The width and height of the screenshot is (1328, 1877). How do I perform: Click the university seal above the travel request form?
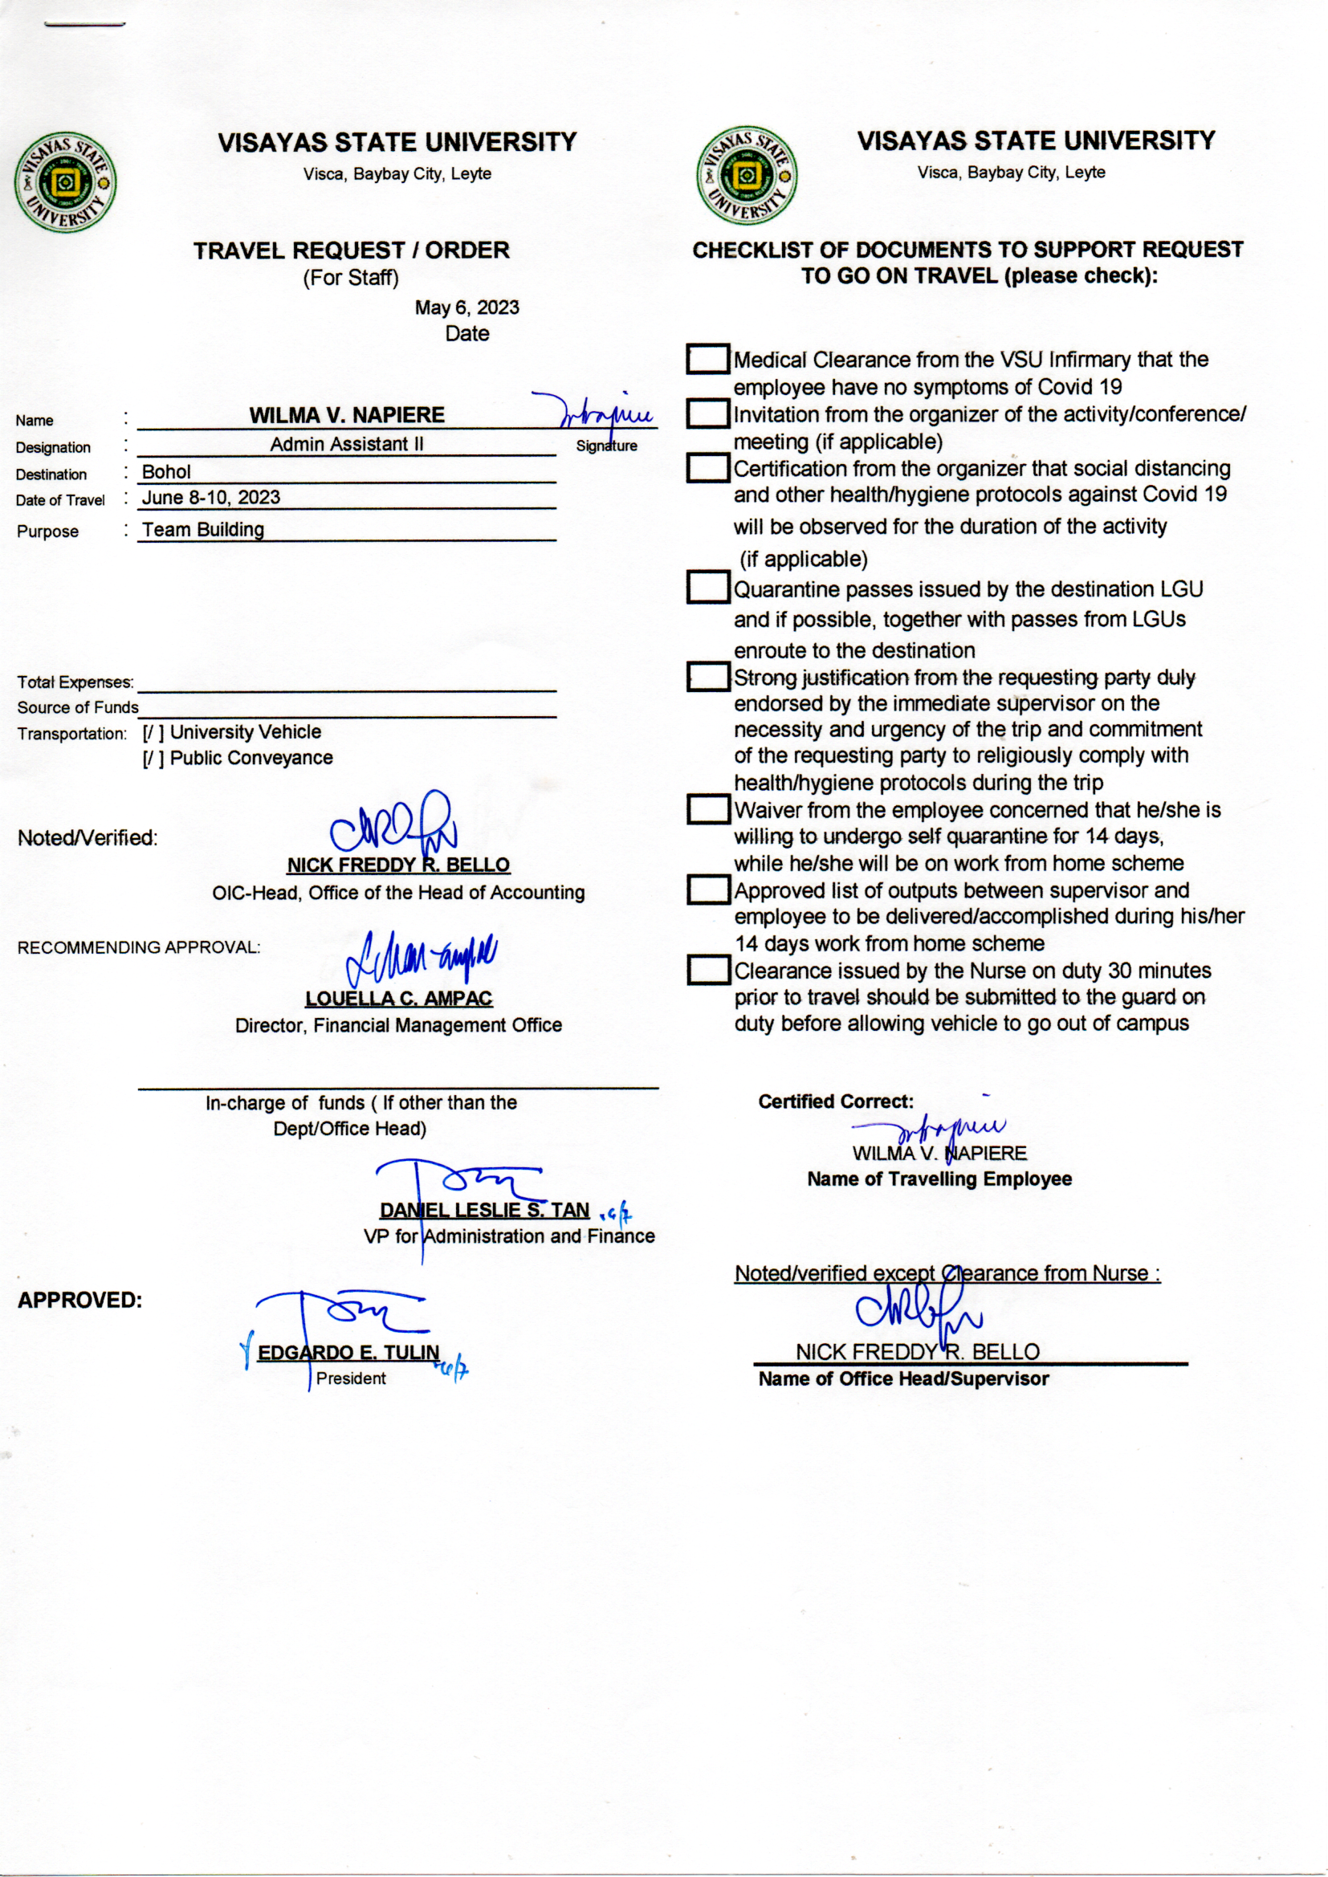coord(65,181)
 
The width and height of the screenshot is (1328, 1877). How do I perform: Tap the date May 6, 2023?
coord(466,307)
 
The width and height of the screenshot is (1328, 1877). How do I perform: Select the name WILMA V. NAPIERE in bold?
coord(347,414)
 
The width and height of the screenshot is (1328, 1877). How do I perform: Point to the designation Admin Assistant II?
coord(347,444)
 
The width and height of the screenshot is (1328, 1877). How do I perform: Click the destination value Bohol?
coord(166,472)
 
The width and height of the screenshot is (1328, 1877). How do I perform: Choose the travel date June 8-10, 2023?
coord(211,497)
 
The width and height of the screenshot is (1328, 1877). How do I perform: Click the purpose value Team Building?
coord(203,530)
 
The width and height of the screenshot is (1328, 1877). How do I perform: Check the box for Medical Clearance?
coord(707,360)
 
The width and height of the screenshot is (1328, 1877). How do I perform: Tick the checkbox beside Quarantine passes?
coord(707,588)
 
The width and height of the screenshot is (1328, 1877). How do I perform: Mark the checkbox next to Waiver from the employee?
coord(707,809)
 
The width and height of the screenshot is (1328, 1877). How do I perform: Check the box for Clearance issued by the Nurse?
coord(707,971)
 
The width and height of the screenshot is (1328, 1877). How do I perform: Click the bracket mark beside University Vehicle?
coord(153,732)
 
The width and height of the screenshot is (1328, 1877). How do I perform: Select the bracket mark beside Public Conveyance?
coord(153,759)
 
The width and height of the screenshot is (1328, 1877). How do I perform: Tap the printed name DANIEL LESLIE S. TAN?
coord(484,1210)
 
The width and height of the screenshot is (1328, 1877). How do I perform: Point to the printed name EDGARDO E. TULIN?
coord(348,1352)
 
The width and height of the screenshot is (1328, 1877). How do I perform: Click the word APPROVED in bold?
coord(79,1300)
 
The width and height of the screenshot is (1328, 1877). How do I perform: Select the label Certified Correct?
coord(835,1101)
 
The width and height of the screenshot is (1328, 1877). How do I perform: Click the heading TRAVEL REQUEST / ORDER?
coord(351,250)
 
